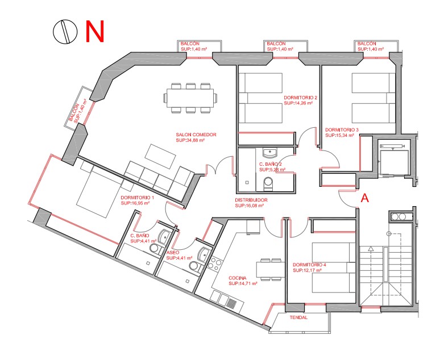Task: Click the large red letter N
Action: [x=94, y=31]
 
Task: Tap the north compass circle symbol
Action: [x=65, y=31]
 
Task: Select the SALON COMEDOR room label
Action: [x=196, y=135]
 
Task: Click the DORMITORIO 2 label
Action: [x=300, y=98]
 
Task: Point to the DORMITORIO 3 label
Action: [x=342, y=129]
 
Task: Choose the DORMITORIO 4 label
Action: [x=309, y=265]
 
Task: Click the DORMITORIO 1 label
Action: [x=138, y=198]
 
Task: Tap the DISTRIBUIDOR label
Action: [x=251, y=200]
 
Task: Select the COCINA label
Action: [x=238, y=278]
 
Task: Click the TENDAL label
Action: [x=298, y=317]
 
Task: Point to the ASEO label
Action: [x=173, y=253]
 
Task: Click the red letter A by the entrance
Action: [x=364, y=198]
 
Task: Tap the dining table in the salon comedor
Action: [x=190, y=98]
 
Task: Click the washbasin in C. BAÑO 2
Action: [x=269, y=153]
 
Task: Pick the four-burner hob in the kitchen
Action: [x=215, y=264]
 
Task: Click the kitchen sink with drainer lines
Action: [x=227, y=300]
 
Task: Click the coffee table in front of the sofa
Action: [x=160, y=156]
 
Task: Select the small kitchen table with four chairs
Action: [x=270, y=270]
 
